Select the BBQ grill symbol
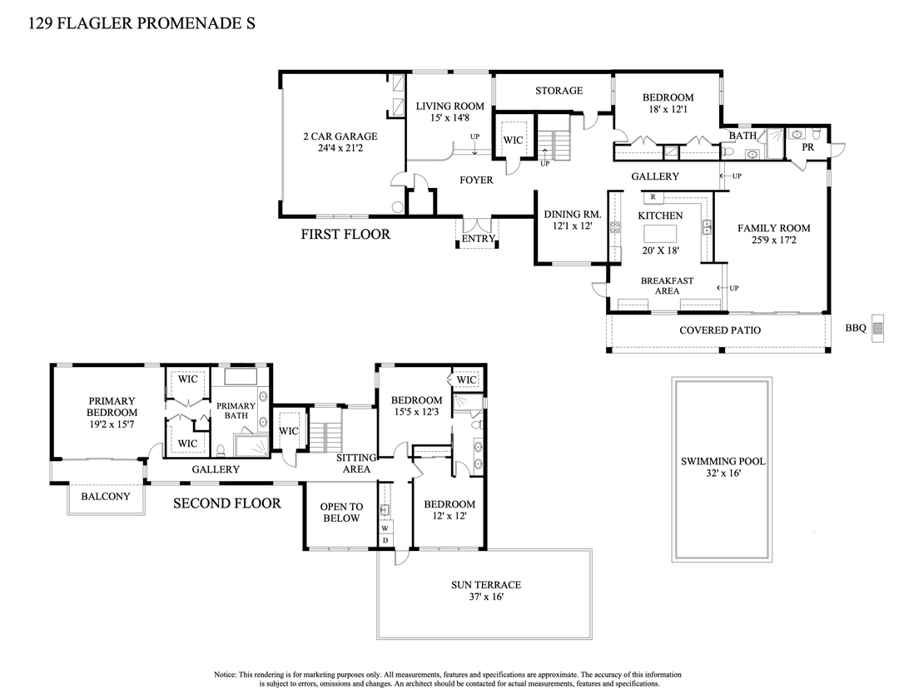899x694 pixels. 877,326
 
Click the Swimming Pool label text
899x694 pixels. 723,461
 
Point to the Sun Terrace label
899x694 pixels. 485,585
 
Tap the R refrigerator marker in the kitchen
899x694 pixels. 654,197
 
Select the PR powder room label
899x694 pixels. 807,147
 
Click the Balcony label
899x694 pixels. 105,497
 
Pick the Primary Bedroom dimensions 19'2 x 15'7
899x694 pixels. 112,424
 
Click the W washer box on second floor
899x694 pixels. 385,528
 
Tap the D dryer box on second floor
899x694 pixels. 385,540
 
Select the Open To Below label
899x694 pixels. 341,512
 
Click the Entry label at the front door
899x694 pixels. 478,239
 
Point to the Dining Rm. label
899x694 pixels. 567,214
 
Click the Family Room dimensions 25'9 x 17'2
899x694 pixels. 773,240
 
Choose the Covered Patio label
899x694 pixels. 720,330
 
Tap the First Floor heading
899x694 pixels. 345,235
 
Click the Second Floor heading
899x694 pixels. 226,503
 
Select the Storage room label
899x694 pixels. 559,90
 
